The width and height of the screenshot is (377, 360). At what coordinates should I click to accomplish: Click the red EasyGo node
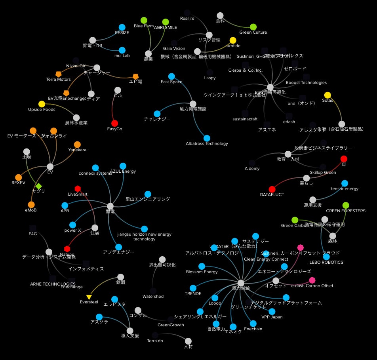(x=114, y=123)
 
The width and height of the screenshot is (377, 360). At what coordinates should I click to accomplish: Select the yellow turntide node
(x=233, y=40)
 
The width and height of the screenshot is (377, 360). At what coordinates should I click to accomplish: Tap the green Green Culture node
(x=253, y=27)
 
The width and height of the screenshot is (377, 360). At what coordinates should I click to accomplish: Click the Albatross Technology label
(x=207, y=143)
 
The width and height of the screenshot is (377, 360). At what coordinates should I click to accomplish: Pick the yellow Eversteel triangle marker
(x=89, y=297)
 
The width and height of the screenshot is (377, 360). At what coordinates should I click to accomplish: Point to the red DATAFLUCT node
(x=272, y=189)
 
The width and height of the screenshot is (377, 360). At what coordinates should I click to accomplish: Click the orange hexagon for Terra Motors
(x=59, y=74)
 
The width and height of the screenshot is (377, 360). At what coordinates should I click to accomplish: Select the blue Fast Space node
(x=171, y=76)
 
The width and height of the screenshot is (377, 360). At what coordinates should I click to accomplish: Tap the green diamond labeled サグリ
(x=38, y=186)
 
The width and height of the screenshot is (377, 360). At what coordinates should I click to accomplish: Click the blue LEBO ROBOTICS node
(x=326, y=257)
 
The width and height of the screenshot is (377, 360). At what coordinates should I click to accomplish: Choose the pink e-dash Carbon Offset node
(x=312, y=280)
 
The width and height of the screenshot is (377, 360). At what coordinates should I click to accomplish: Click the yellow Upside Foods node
(x=42, y=104)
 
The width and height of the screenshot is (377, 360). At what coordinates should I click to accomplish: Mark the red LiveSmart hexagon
(x=78, y=189)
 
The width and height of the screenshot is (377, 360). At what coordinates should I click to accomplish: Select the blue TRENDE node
(x=193, y=288)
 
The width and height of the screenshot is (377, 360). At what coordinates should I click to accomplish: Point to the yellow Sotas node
(x=327, y=95)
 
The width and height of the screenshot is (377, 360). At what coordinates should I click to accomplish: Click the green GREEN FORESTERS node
(x=346, y=205)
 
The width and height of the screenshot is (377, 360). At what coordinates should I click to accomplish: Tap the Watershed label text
(x=153, y=296)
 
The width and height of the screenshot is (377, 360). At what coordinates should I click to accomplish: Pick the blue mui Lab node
(x=122, y=50)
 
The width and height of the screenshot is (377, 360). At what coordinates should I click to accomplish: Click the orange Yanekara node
(x=77, y=145)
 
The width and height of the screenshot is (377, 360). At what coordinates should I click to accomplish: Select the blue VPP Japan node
(x=272, y=311)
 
